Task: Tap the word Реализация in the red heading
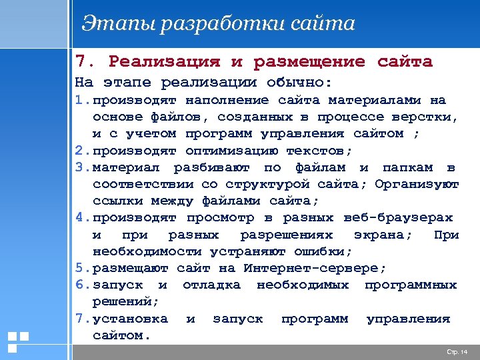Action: click(x=164, y=62)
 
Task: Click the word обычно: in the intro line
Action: click(x=300, y=83)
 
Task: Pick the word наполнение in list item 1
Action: click(x=227, y=100)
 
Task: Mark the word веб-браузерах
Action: click(x=398, y=217)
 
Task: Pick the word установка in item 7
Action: click(x=131, y=319)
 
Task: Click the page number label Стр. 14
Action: click(x=457, y=351)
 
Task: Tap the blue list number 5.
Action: click(x=79, y=268)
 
